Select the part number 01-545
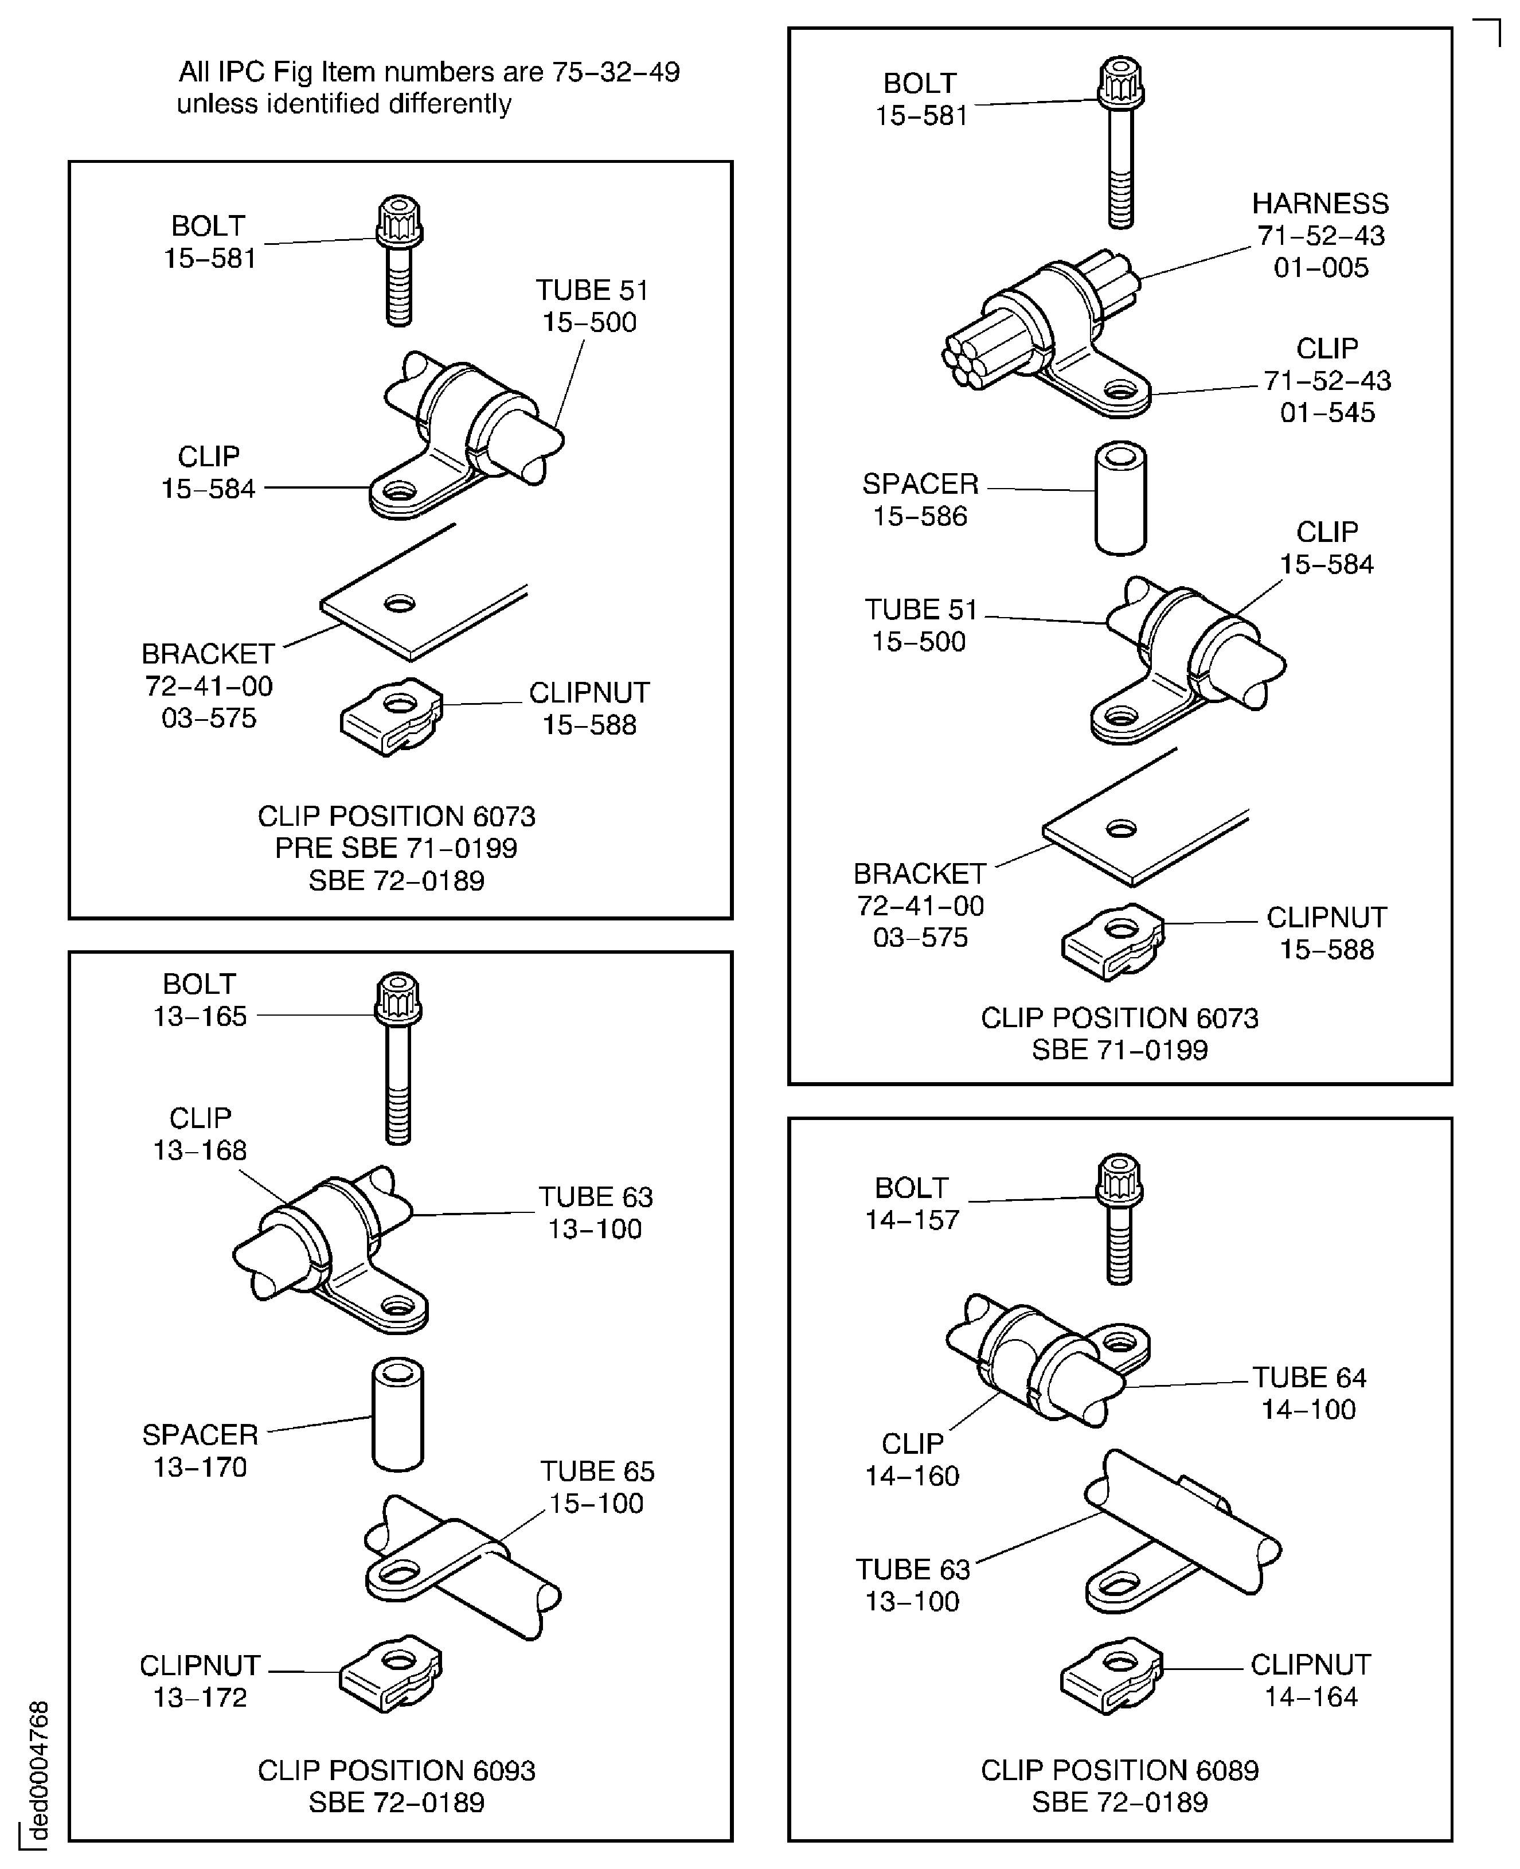tap(1327, 412)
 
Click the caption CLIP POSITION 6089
tap(1119, 1769)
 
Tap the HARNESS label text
tap(1319, 204)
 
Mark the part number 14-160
tap(912, 1476)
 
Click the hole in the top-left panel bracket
tap(399, 603)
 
